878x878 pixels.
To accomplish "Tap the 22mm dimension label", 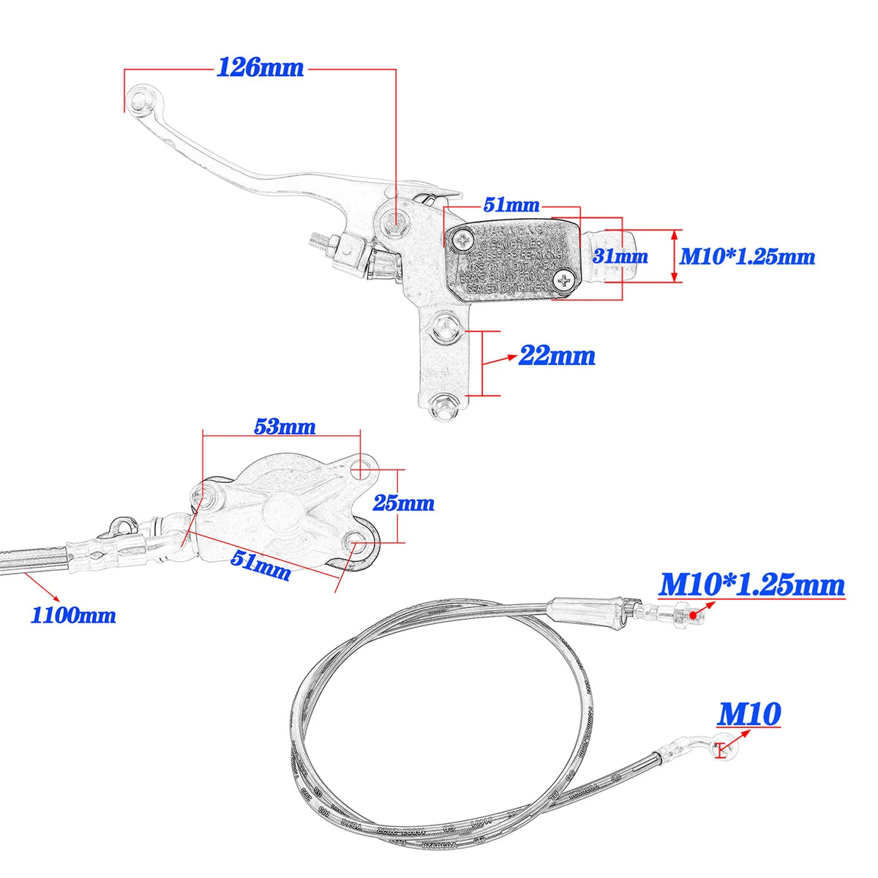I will click(x=557, y=356).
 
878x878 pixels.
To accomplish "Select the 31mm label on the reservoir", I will click(x=620, y=256).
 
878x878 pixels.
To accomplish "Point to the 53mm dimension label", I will click(x=285, y=426).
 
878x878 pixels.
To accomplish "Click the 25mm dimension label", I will click(x=403, y=503).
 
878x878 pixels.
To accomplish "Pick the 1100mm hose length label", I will click(x=73, y=615).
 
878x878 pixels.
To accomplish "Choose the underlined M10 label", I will click(x=749, y=714).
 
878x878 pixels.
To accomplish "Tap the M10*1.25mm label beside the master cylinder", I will click(x=747, y=256).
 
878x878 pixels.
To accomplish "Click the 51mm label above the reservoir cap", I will click(x=511, y=205).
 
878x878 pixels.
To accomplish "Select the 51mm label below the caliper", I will click(x=261, y=565).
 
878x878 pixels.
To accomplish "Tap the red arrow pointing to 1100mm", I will click(x=41, y=588).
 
